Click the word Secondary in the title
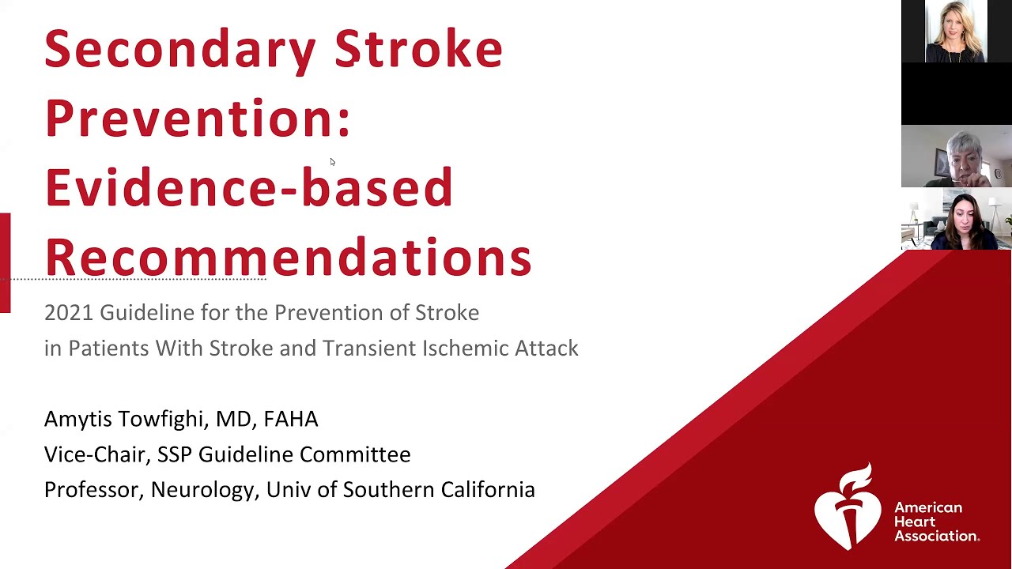click(x=180, y=49)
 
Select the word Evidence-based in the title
click(x=248, y=188)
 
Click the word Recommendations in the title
click(x=288, y=258)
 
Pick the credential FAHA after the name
click(x=291, y=420)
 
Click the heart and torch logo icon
click(x=848, y=507)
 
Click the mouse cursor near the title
click(x=332, y=162)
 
